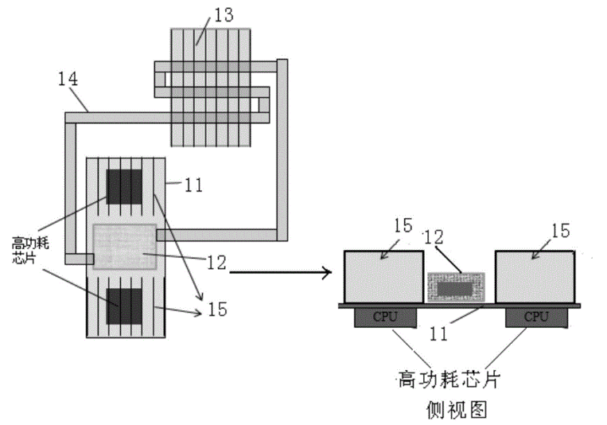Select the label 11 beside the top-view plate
click(193, 187)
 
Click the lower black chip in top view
click(125, 309)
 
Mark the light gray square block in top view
click(125, 246)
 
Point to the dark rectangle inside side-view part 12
click(456, 287)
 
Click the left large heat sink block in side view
click(383, 277)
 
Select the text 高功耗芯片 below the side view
click(455, 376)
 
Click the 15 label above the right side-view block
click(560, 230)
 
